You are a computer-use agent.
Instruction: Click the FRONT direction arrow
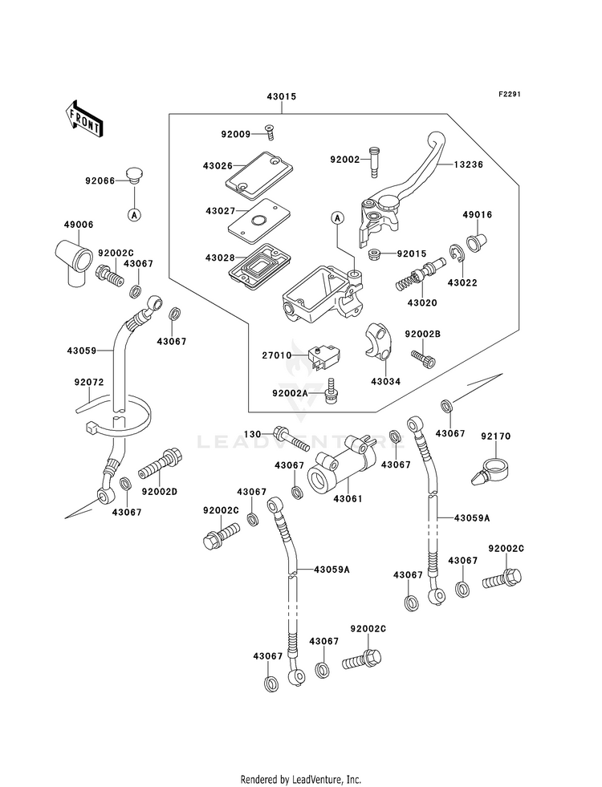[x=83, y=118]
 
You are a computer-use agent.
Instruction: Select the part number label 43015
[x=281, y=96]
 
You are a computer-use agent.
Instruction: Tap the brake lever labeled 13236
[x=401, y=191]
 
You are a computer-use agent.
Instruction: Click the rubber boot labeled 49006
[x=73, y=263]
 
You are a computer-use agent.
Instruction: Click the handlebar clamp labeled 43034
[x=377, y=341]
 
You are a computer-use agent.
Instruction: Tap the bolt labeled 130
[x=293, y=439]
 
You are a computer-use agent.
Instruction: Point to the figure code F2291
[x=509, y=94]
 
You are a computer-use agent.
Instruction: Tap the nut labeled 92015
[x=374, y=254]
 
